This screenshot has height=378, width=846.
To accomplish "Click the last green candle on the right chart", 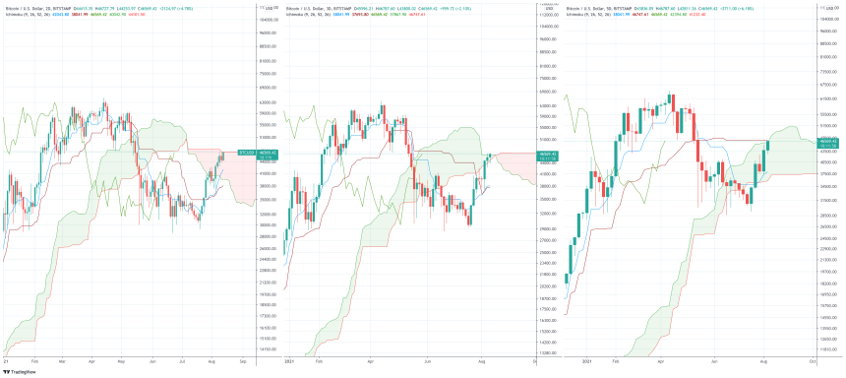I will pyautogui.click(x=767, y=146).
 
